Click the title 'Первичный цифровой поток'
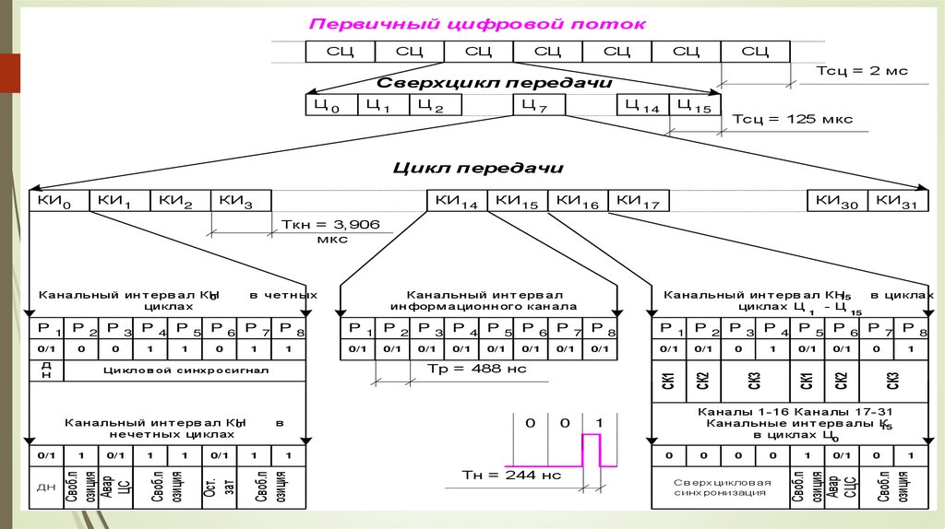pos(477,24)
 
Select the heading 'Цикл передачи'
pos(477,168)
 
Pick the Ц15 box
pos(693,106)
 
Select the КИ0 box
pos(59,202)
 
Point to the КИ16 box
pos(577,202)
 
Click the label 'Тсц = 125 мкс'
pos(792,119)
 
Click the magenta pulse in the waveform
pos(591,451)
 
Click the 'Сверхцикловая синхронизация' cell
pos(720,488)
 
